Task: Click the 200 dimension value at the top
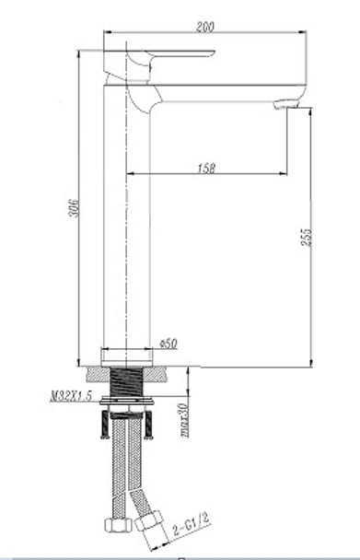[205, 27]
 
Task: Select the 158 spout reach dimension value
[207, 169]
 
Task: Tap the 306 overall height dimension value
[74, 208]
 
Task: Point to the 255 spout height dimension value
[307, 237]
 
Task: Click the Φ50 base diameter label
[168, 344]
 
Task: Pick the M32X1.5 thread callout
[71, 396]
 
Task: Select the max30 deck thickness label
[184, 420]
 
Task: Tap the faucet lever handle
[159, 65]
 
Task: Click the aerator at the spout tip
[286, 105]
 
